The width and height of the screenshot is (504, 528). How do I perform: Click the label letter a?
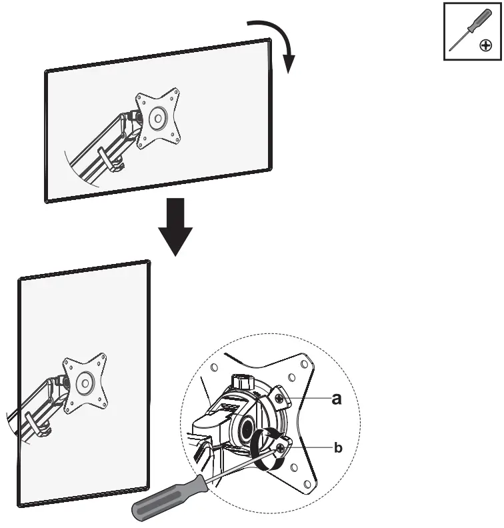coord(338,399)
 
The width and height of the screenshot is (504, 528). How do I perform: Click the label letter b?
coord(337,449)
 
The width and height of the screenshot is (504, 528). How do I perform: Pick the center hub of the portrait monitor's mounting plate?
coord(85,384)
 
